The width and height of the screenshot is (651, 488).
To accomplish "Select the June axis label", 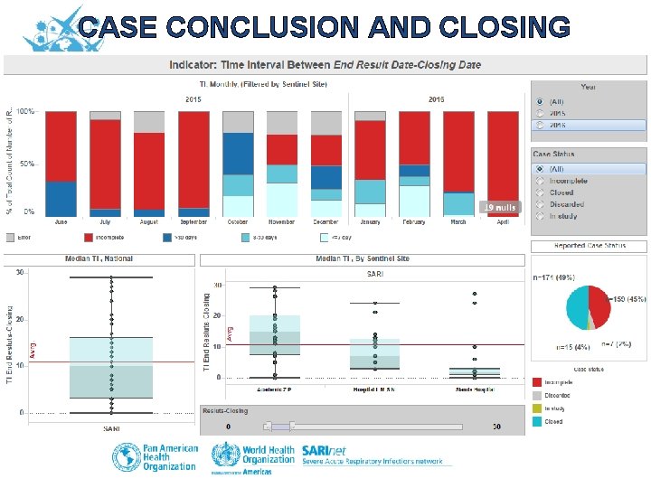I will (61, 221).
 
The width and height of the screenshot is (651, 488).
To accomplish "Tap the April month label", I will (503, 221).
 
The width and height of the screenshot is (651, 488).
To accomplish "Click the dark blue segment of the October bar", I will (238, 154).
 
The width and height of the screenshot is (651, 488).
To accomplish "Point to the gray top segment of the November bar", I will (282, 123).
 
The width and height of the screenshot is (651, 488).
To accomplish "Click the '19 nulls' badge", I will (499, 207).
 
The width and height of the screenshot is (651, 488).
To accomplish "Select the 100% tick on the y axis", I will (26, 111).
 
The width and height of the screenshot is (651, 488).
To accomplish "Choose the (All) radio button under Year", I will (540, 101).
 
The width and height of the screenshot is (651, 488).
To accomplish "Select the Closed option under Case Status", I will (540, 192).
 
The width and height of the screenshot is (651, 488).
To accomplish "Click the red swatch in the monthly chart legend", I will (90, 238).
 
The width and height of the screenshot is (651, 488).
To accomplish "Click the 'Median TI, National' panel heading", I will (99, 258).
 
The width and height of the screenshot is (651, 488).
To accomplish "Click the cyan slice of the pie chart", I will (577, 307).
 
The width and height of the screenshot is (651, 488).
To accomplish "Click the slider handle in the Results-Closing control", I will (280, 426).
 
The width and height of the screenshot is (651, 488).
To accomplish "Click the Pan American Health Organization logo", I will (153, 457).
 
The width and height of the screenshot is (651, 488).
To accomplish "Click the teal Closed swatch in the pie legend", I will (537, 421).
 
